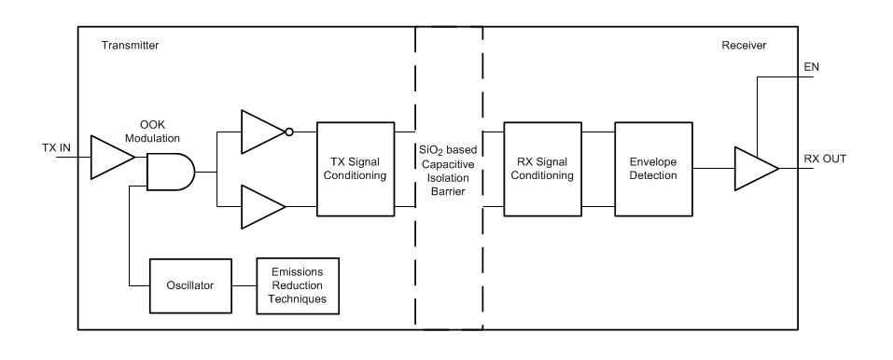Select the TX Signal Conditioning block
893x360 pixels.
click(356, 169)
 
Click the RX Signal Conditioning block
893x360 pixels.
click(541, 169)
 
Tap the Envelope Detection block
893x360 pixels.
click(652, 169)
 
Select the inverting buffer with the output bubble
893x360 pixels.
click(262, 132)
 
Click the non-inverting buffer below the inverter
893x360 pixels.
click(262, 206)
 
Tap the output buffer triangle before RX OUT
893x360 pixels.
click(754, 168)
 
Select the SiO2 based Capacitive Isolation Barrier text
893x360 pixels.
click(449, 169)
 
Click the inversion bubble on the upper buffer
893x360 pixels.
click(289, 132)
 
